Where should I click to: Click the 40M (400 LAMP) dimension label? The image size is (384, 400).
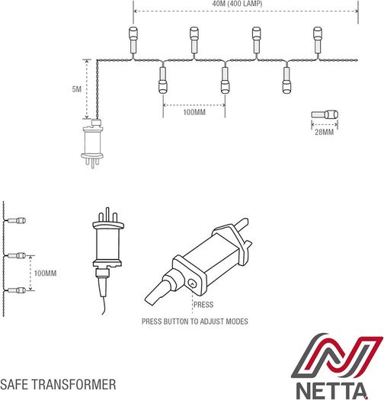click(x=237, y=4)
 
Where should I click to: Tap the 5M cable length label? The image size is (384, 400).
click(x=76, y=89)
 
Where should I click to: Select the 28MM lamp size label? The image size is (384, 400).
click(x=324, y=132)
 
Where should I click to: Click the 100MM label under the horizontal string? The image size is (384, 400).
click(x=194, y=112)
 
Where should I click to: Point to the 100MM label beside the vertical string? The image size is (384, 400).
click(x=45, y=274)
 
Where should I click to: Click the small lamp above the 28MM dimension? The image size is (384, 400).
click(x=325, y=114)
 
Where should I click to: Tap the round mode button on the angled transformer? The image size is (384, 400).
click(x=192, y=283)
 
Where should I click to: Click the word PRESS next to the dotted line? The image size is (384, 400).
click(x=203, y=305)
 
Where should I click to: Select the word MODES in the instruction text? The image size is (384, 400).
click(x=237, y=322)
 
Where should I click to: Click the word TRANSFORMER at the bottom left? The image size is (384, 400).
click(x=73, y=385)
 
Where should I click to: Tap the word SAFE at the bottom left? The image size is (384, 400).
click(x=14, y=385)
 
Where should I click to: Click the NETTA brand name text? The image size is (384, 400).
click(x=331, y=391)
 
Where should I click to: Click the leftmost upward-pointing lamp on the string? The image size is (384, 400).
click(x=133, y=40)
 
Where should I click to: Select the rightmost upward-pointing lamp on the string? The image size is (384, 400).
click(x=318, y=40)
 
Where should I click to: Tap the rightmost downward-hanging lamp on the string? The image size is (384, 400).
click(x=286, y=80)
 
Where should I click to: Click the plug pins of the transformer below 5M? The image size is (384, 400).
click(x=92, y=162)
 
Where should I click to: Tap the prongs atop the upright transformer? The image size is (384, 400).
click(x=108, y=214)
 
